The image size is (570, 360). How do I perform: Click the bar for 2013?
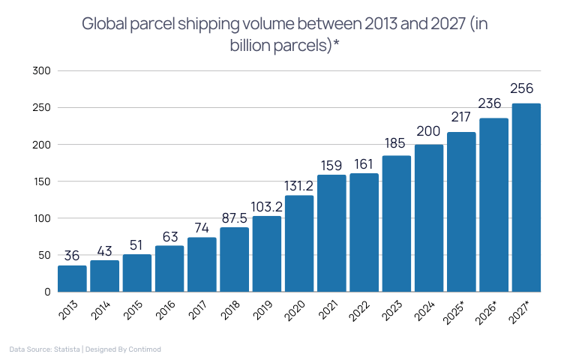tap(72, 278)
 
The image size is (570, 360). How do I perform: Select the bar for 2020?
tap(299, 243)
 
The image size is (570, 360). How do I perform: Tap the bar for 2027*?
tap(526, 197)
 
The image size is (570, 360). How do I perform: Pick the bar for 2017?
tap(202, 264)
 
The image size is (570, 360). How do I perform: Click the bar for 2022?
tap(364, 232)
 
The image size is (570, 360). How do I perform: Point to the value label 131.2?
tap(299, 184)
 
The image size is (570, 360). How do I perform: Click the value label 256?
tap(526, 88)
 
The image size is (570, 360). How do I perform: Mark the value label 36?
tap(72, 254)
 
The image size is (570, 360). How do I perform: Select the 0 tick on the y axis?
tap(46, 292)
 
